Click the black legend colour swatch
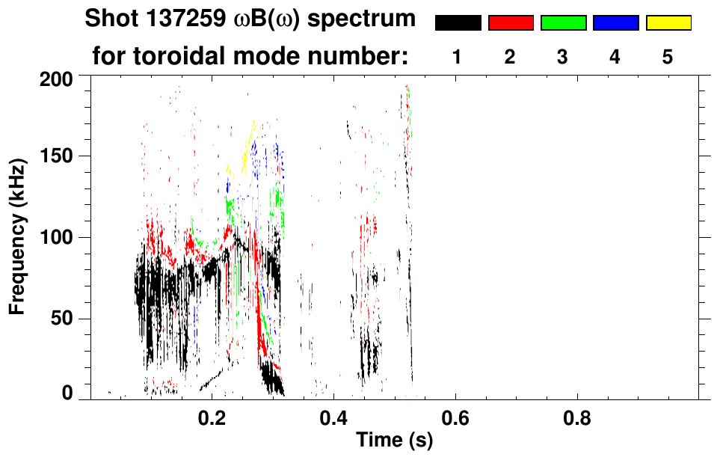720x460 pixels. point(458,23)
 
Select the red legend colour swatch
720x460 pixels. point(511,23)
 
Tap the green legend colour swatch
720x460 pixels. point(563,23)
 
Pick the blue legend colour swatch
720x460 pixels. point(615,23)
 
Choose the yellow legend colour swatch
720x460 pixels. point(668,23)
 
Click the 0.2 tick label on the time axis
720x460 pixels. point(212,416)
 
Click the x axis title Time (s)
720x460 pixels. point(394,441)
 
